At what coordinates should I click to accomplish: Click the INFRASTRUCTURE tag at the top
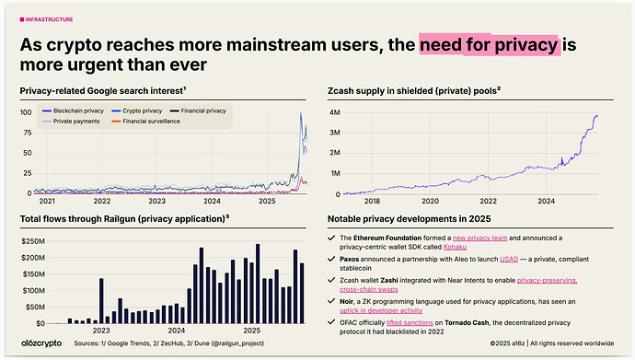[48, 18]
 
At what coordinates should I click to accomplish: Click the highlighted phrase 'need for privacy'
[489, 44]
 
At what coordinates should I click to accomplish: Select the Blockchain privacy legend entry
[76, 110]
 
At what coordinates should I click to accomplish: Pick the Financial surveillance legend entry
[165, 120]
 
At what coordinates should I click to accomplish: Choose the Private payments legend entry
[74, 120]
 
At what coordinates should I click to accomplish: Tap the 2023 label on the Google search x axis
[157, 200]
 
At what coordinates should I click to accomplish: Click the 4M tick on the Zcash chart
[335, 112]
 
